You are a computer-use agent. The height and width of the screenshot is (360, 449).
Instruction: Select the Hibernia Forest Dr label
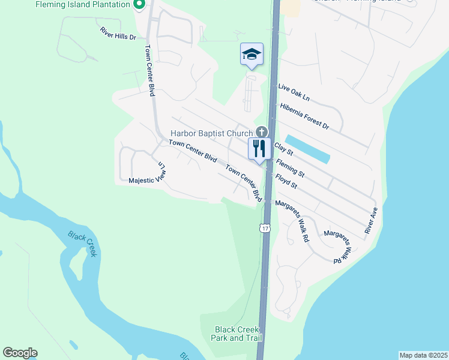pos(304,116)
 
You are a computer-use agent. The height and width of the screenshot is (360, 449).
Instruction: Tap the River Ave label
pos(371,220)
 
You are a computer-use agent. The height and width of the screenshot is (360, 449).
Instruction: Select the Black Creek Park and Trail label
pos(237,334)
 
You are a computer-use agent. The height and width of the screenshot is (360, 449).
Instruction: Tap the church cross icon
pos(261,132)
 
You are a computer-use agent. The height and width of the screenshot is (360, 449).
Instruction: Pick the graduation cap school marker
pos(252,55)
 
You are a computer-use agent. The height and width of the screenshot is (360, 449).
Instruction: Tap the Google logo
pos(20,353)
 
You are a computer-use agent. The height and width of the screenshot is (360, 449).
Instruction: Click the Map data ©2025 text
pos(423,355)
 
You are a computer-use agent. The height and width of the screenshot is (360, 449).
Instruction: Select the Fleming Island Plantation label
pos(83,4)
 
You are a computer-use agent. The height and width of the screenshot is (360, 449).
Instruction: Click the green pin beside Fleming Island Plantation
pos(139,5)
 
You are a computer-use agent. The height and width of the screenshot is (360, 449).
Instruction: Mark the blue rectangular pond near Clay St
pos(307,149)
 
